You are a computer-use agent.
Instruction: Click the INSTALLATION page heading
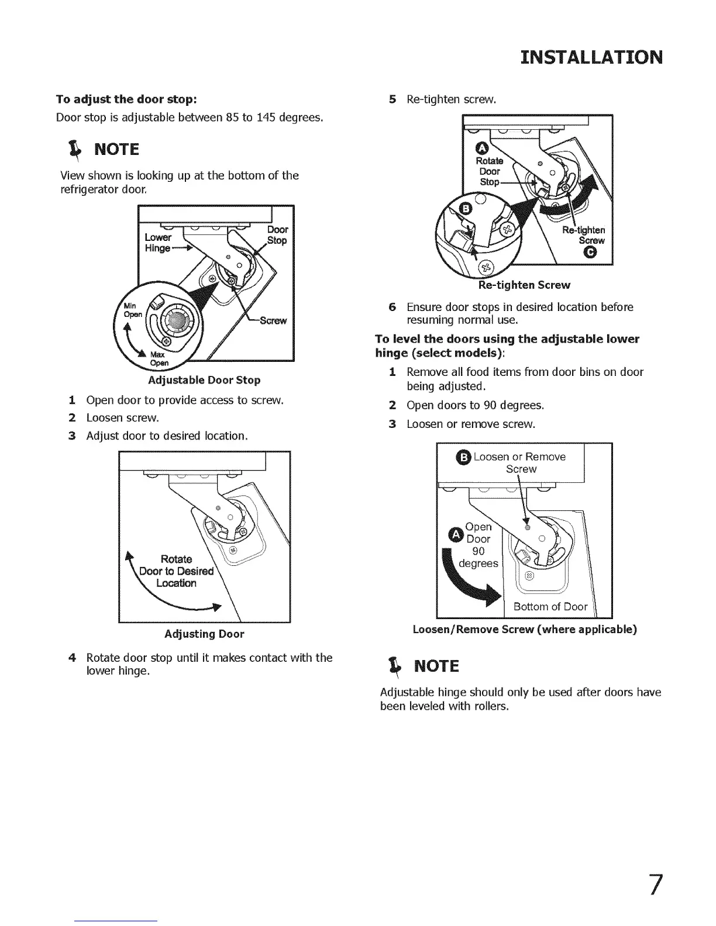click(591, 57)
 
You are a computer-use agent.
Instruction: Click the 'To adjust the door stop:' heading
click(126, 98)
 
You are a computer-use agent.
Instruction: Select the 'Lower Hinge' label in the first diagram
click(158, 243)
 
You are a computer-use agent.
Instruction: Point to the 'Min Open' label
click(132, 310)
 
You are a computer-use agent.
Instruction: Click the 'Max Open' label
click(159, 358)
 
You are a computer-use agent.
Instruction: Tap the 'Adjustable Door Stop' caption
click(204, 380)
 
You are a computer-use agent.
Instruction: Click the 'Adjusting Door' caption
click(204, 634)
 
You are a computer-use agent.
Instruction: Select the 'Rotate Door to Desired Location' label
click(176, 571)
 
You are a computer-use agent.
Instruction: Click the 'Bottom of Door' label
click(550, 606)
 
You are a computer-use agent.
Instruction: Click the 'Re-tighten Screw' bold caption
click(524, 285)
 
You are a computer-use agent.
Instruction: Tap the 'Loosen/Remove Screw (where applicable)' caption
click(525, 630)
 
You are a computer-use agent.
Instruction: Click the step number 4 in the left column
click(72, 658)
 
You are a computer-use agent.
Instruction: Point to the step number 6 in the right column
click(393, 307)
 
